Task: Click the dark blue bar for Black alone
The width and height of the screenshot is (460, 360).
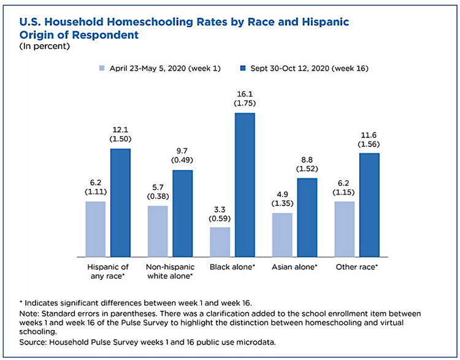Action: pyautogui.click(x=244, y=185)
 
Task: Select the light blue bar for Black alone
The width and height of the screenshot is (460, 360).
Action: pyautogui.click(x=220, y=242)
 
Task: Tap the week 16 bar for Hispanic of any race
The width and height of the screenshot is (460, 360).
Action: pyautogui.click(x=120, y=202)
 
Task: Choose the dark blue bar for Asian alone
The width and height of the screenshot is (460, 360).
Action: pyautogui.click(x=307, y=217)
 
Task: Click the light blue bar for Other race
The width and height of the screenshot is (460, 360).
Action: pyautogui.click(x=344, y=229)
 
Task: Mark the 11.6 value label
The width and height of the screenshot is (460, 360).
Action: pyautogui.click(x=369, y=133)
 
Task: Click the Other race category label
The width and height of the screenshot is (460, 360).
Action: pyautogui.click(x=356, y=267)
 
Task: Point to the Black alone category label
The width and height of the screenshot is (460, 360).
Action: pyautogui.click(x=232, y=267)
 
